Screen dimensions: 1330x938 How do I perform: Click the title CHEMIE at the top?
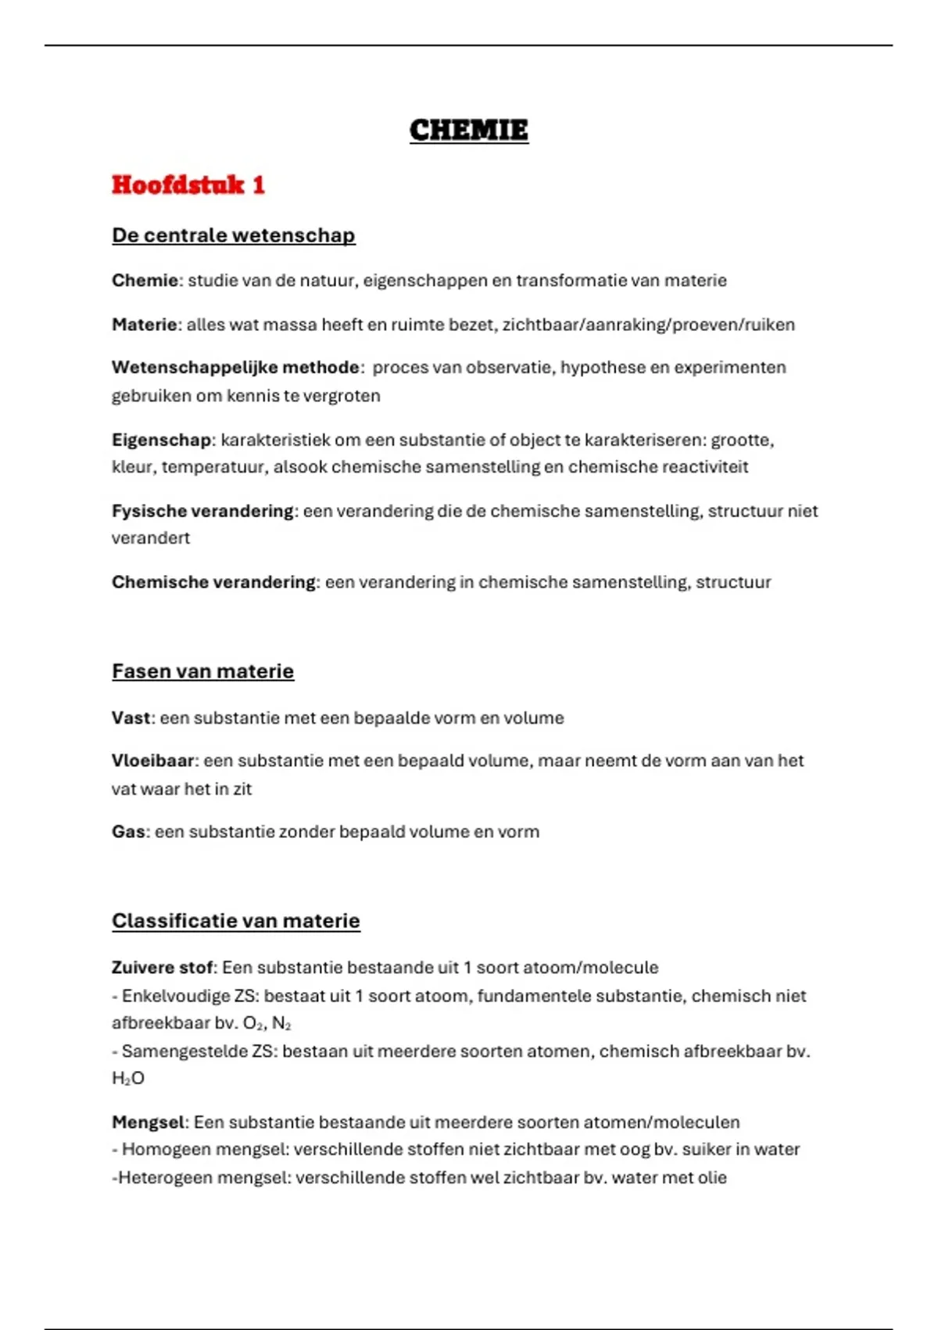click(x=469, y=130)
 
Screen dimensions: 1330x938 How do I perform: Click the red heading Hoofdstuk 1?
click(x=188, y=185)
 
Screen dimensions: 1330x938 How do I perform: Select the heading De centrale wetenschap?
click(x=233, y=235)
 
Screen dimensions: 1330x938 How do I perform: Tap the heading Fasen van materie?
click(x=202, y=671)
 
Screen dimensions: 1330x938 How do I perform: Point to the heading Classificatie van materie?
click(x=235, y=921)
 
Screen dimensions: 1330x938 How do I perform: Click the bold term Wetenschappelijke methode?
click(x=235, y=368)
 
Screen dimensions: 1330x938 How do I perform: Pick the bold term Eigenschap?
click(x=161, y=440)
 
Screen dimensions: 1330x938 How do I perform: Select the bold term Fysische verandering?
click(x=202, y=511)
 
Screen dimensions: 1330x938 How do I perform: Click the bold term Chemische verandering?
click(x=213, y=582)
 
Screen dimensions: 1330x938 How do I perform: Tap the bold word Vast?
click(x=131, y=718)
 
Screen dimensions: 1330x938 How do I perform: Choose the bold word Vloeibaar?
click(x=152, y=761)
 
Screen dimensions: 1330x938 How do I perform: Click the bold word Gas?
click(x=128, y=832)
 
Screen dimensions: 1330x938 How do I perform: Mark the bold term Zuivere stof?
click(x=162, y=968)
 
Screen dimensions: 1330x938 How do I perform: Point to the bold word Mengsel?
click(x=148, y=1123)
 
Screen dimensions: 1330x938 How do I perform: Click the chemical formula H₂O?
click(x=128, y=1079)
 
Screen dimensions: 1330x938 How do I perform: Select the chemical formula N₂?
click(x=281, y=1023)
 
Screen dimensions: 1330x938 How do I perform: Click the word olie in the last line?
click(x=711, y=1178)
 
